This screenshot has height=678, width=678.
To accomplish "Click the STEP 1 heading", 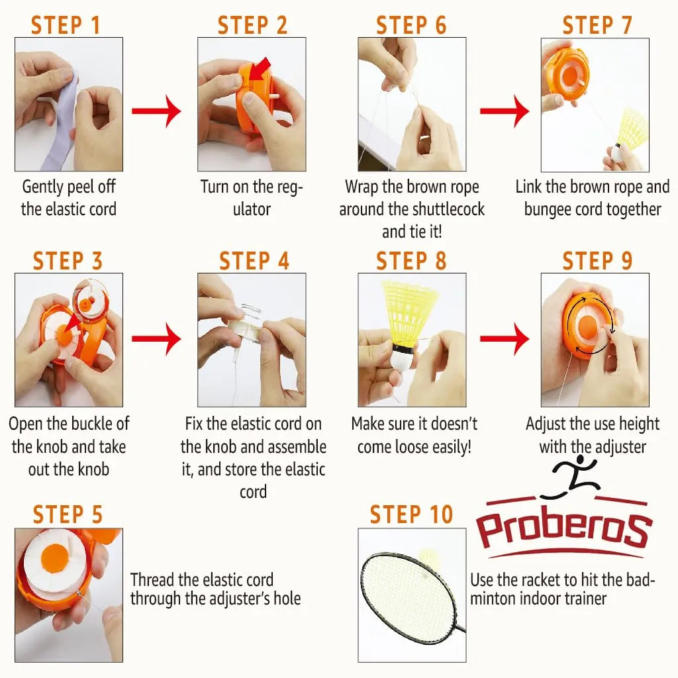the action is click(66, 25).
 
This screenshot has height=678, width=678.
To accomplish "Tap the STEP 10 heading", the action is click(411, 514).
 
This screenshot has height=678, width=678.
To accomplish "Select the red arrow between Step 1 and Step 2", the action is click(156, 111).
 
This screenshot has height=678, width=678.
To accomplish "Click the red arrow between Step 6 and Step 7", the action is click(504, 111).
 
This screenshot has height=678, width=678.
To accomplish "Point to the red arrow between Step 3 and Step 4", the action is click(156, 339).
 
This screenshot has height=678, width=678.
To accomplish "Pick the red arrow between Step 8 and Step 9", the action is click(504, 339).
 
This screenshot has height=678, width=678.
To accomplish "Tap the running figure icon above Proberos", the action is click(571, 479).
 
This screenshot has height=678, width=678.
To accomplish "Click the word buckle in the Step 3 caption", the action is click(87, 424).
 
